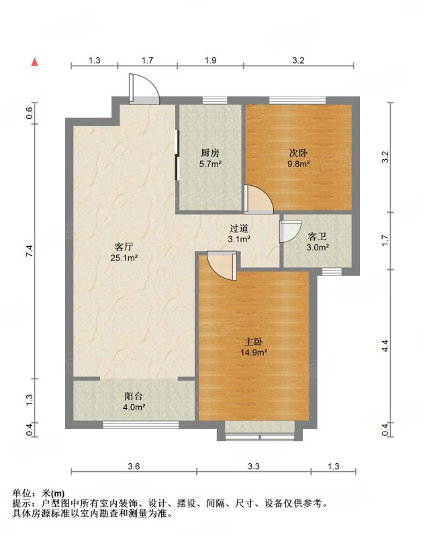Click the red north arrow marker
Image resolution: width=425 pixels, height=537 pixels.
point(35,62)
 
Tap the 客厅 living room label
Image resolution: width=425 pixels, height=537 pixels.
point(124,246)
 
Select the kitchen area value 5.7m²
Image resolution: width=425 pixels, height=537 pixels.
point(210,164)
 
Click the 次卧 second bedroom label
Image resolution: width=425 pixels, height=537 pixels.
point(298,153)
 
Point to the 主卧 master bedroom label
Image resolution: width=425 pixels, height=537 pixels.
point(253,342)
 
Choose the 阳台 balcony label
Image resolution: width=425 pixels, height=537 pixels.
point(133,396)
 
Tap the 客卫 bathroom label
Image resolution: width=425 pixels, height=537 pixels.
point(317,236)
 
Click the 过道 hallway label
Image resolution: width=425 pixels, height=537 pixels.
point(239,228)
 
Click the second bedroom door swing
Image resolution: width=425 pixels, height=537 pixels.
point(259,199)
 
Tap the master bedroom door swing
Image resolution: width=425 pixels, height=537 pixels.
point(222,266)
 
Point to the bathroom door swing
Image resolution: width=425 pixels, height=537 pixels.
point(291,232)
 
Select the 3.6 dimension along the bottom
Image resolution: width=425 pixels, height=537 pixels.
point(134,466)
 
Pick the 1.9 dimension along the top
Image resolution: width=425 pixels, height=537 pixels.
point(210,60)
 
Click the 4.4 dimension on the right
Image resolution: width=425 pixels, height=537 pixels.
point(385,346)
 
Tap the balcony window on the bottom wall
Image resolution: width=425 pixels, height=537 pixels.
point(141,425)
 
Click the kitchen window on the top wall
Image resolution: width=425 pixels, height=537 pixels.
point(215,100)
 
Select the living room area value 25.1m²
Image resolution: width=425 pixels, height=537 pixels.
point(124,258)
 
